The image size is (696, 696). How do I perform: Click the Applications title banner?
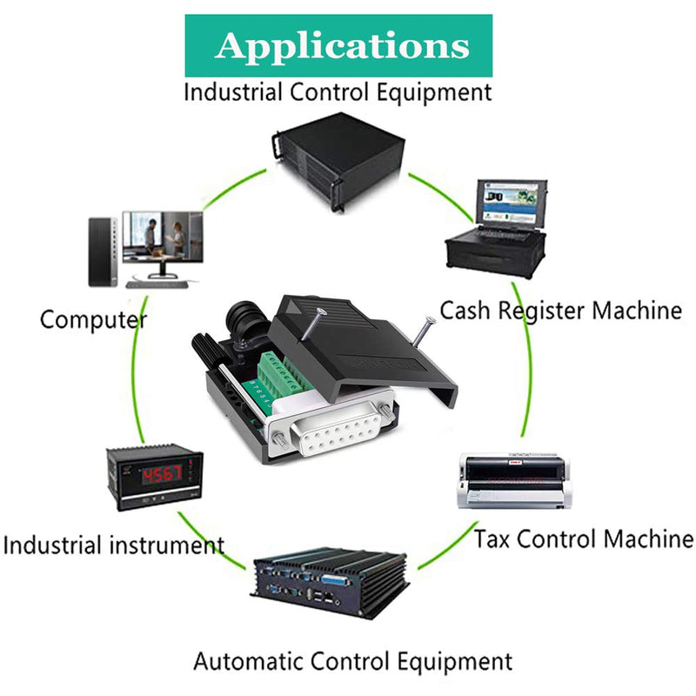338,45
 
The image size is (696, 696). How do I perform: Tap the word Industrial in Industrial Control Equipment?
233,92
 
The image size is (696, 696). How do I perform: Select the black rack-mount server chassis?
338,161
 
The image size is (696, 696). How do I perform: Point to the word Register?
541,311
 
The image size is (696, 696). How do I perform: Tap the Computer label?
93,319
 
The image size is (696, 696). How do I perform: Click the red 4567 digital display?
162,475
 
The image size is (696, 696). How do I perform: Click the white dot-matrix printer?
513,481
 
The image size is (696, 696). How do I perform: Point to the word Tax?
492,539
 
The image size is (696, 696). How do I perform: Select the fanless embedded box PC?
331,582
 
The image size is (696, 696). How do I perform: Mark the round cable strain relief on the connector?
247,323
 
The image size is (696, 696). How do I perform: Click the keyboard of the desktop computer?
157,284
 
